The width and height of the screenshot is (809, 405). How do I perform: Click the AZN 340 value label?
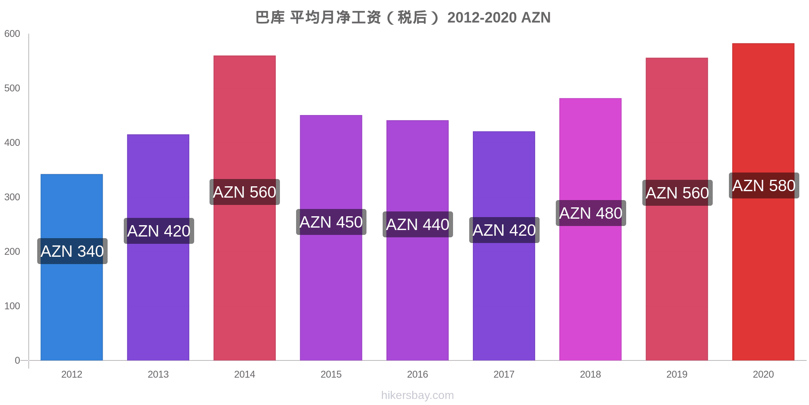point(72,251)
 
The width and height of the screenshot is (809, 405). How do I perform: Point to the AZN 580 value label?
point(764,185)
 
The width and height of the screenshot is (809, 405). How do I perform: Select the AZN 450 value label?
point(331,222)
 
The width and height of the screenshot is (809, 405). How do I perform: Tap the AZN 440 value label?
point(417,224)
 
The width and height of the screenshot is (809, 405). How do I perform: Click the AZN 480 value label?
point(591,213)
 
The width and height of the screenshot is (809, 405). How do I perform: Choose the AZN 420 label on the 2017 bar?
point(504,230)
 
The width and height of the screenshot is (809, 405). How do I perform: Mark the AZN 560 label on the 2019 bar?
point(677,193)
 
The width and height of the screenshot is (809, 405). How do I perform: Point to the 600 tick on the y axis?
point(12,34)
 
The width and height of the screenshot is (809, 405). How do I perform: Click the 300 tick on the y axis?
point(12,197)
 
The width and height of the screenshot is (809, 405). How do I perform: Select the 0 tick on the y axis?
point(17,360)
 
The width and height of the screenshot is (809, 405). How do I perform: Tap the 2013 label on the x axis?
point(158,374)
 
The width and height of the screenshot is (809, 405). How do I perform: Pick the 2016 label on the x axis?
point(417,374)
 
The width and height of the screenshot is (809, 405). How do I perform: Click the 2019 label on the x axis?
point(677,374)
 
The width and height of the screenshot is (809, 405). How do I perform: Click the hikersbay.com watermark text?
point(417,395)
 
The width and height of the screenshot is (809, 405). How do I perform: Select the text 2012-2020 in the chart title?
point(482,17)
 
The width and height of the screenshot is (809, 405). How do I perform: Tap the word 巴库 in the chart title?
point(270,17)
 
